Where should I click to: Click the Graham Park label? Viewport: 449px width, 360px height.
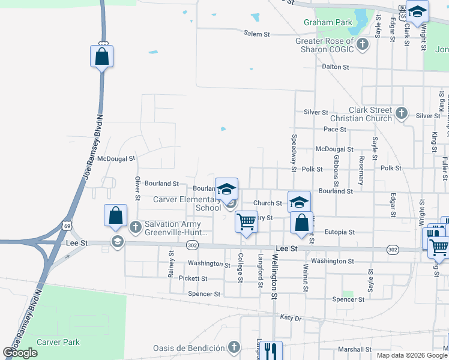(328, 22)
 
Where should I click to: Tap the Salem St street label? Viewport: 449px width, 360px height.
(256, 34)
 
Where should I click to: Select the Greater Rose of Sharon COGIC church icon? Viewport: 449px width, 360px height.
(362, 44)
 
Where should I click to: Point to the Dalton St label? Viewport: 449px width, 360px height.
(335, 67)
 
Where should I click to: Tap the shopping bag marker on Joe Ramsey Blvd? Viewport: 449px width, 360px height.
(101, 56)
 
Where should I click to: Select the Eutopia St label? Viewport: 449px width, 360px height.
(340, 232)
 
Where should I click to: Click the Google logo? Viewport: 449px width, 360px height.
(20, 353)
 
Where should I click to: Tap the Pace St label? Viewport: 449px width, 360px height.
(335, 129)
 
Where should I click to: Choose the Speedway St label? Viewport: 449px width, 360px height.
(294, 153)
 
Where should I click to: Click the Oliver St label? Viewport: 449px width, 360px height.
(137, 188)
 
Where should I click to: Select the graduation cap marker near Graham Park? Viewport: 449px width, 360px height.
(417, 11)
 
